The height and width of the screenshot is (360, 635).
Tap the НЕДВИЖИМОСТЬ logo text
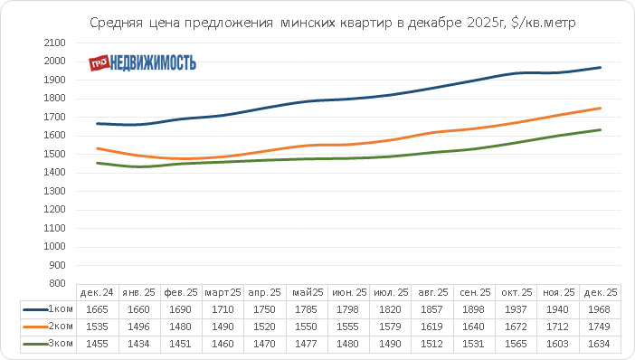click(x=153, y=62)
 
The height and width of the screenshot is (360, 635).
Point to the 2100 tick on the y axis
click(x=54, y=43)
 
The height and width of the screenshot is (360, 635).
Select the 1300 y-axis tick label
click(x=54, y=191)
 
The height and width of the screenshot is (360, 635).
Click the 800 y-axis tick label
click(x=57, y=283)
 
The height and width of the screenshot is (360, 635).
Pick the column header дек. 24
click(x=97, y=292)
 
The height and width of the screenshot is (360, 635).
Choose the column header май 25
click(x=308, y=292)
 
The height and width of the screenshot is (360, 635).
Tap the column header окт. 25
click(x=517, y=292)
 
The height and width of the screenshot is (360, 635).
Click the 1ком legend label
click(x=61, y=309)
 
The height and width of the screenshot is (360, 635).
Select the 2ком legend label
click(x=61, y=327)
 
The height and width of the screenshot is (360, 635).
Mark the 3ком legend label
click(x=61, y=344)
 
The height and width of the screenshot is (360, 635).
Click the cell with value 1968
click(x=599, y=309)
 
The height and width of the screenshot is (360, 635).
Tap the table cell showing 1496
click(x=138, y=327)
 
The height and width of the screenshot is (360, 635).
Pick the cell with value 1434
click(x=138, y=345)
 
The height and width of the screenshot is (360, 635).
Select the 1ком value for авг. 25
click(x=431, y=309)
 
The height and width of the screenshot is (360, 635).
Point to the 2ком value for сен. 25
click(x=473, y=327)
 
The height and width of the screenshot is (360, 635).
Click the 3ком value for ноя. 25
click(x=557, y=345)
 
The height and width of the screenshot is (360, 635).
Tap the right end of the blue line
click(x=600, y=68)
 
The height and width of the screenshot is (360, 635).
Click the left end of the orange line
click(x=97, y=148)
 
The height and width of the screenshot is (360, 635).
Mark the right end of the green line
click(x=600, y=129)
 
